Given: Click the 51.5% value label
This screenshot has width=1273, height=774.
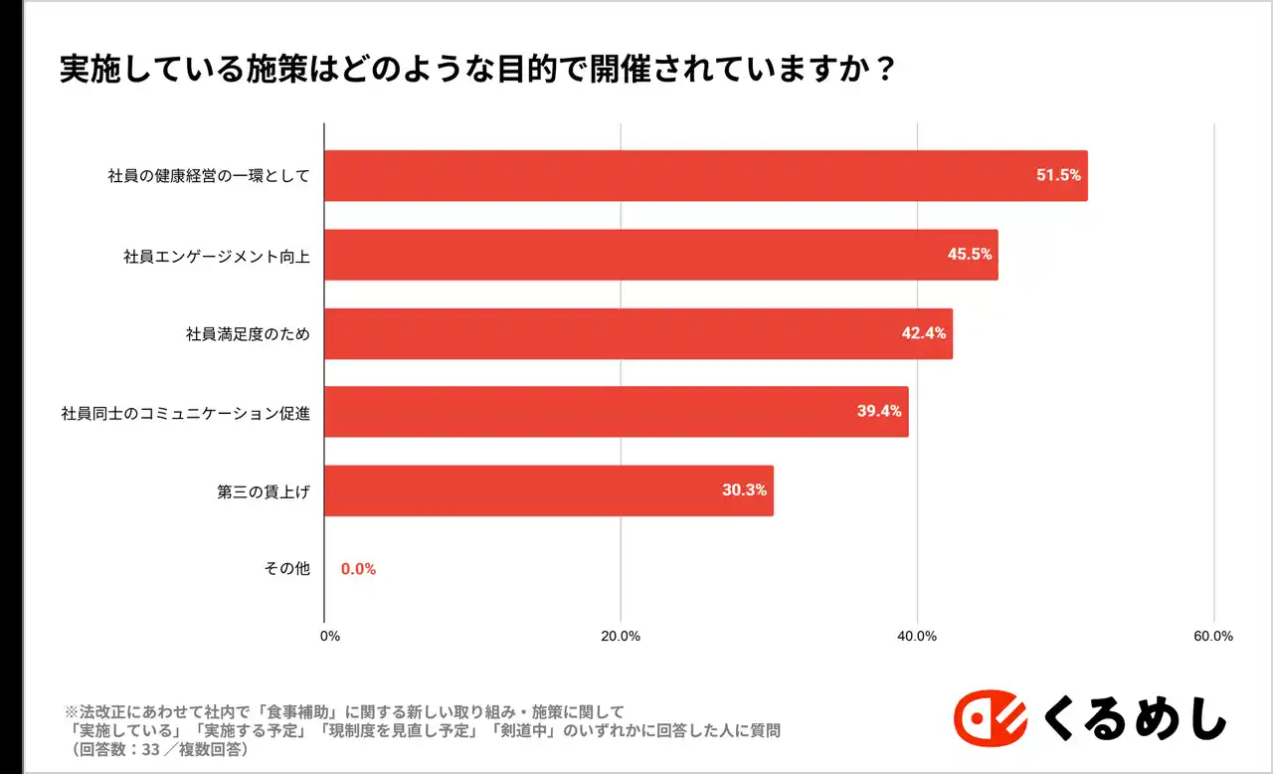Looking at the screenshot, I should point(1058,175).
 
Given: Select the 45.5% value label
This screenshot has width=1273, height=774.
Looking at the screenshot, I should point(970,254).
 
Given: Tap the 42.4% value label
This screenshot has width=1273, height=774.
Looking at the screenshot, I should point(924,333).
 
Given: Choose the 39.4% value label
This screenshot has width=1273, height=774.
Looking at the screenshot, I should point(879,411).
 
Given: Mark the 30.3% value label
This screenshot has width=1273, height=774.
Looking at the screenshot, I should point(744,490).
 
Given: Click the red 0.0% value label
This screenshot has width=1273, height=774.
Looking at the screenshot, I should point(358,569).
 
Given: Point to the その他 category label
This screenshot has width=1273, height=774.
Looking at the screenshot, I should point(287,569).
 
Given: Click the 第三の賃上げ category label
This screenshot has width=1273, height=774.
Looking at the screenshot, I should point(264,490).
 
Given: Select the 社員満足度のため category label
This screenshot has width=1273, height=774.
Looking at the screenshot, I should point(248,333).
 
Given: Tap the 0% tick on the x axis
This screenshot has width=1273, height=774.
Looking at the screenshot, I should point(330,637).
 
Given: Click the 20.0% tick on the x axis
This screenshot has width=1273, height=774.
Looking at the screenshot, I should point(622,637).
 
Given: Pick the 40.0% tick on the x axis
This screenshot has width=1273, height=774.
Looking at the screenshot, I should point(917,637).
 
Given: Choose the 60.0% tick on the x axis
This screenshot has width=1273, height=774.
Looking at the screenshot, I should point(1213,637).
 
